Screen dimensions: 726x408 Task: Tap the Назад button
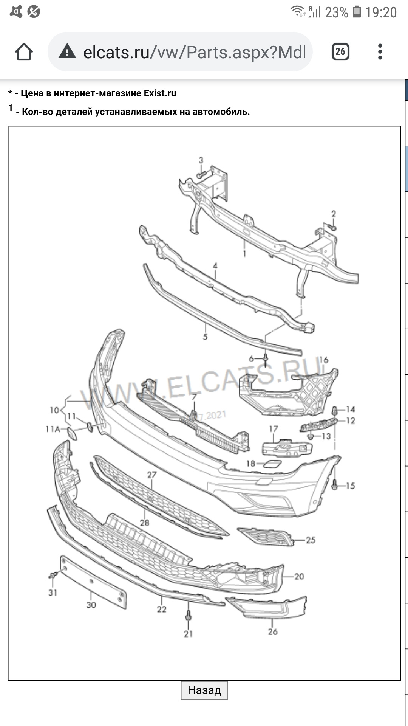(204, 690)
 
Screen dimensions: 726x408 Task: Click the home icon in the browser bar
(24, 52)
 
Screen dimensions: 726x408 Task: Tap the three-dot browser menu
(380, 52)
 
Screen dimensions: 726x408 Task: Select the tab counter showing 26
(340, 52)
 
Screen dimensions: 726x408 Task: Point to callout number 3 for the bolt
(201, 160)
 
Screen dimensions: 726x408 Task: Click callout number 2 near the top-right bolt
(334, 214)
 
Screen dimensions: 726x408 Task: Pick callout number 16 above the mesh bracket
(324, 360)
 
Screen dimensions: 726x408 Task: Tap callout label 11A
(53, 429)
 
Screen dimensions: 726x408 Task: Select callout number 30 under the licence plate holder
(91, 605)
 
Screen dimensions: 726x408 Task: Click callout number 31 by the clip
(53, 593)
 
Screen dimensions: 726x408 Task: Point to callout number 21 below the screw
(188, 634)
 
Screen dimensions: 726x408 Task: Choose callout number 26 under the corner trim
(273, 631)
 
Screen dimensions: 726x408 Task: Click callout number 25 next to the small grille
(311, 540)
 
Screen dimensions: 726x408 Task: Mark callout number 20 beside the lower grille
(299, 576)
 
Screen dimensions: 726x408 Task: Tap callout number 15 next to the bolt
(350, 486)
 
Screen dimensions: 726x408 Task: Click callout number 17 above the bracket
(274, 429)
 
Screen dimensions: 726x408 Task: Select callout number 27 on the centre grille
(152, 475)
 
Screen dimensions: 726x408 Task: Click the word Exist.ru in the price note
(160, 93)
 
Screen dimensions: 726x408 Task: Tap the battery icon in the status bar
(357, 12)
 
